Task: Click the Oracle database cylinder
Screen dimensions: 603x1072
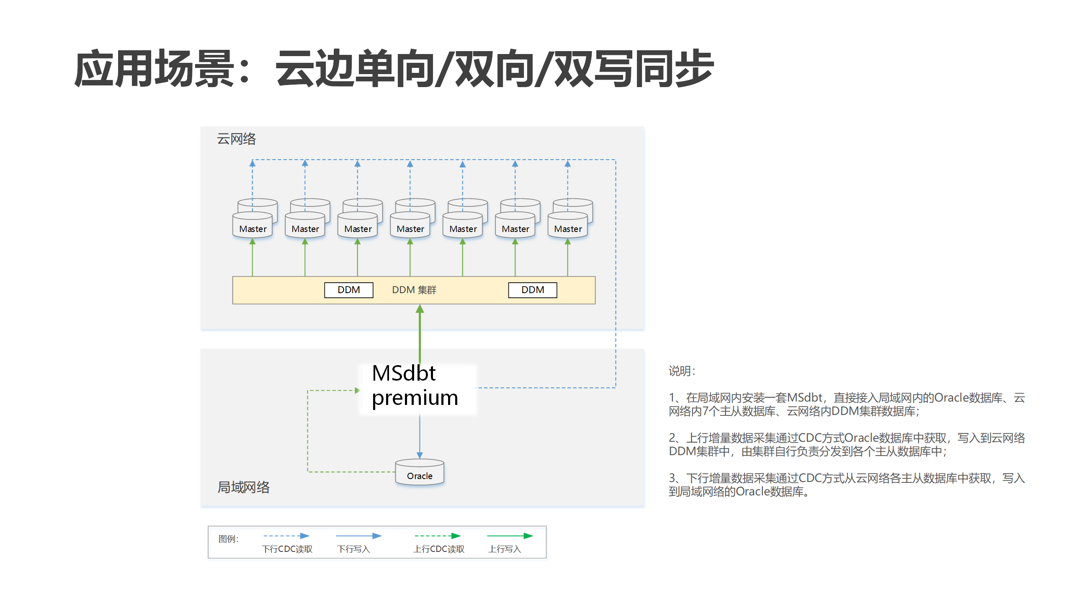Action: [x=420, y=473]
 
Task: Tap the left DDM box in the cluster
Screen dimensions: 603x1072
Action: [x=348, y=290]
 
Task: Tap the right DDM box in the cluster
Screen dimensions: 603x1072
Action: [x=533, y=290]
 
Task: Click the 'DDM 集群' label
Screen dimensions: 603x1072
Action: [x=414, y=290]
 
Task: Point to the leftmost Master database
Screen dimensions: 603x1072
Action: [x=253, y=226]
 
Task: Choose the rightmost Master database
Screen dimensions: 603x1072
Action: [x=568, y=226]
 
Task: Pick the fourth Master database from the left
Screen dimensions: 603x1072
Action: [x=410, y=226]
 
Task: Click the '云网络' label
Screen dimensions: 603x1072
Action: [x=236, y=139]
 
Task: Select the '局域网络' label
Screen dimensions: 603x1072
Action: [x=243, y=487]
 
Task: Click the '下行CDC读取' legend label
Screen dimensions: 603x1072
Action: [x=287, y=549]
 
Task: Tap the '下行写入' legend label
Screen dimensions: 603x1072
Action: [x=354, y=549]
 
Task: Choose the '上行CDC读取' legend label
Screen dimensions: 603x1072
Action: [x=439, y=549]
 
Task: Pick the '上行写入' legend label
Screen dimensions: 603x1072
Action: [x=505, y=549]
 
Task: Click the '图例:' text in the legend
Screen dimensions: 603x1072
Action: [x=229, y=539]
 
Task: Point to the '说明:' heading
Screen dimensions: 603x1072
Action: [x=682, y=371]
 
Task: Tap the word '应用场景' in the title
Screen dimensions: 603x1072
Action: [x=154, y=69]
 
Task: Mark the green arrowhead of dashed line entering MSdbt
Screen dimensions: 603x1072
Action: [x=357, y=390]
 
